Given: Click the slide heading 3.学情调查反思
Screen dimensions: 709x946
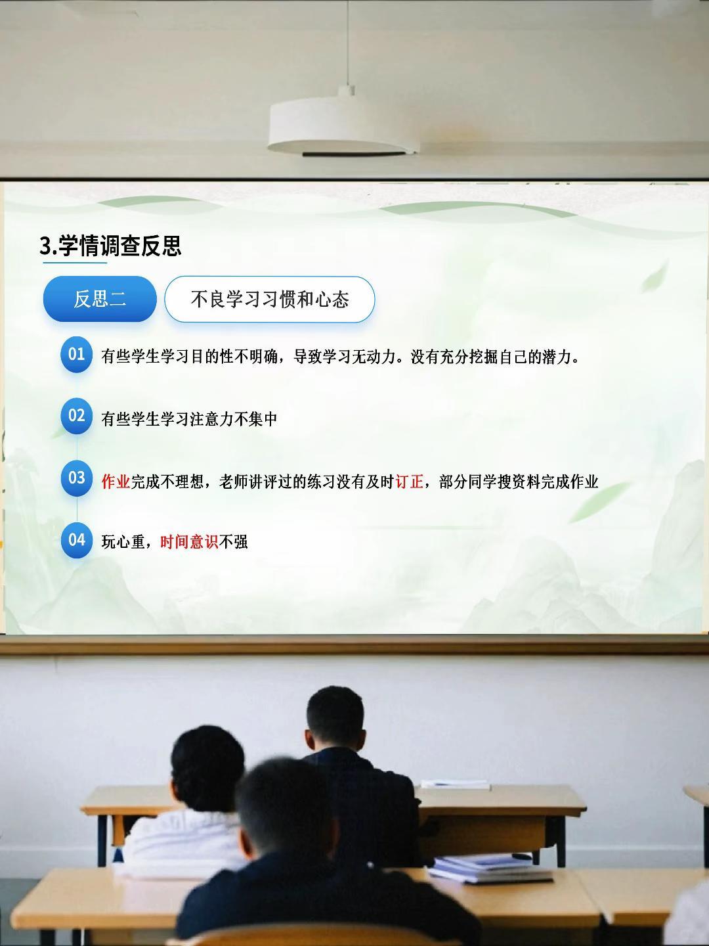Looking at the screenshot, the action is click(111, 245).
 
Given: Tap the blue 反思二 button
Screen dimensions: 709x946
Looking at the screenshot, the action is click(100, 299).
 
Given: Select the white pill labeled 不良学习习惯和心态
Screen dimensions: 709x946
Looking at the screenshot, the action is click(269, 299).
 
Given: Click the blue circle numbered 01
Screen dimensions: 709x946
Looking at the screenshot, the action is click(77, 354).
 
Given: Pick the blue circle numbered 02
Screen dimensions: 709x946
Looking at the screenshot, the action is click(77, 416).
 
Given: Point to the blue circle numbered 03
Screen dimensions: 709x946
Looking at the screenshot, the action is click(77, 478).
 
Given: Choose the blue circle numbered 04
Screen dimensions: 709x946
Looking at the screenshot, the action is click(77, 540).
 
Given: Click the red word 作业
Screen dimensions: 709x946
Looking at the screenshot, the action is click(116, 482).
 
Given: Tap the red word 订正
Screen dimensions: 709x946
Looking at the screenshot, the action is click(410, 482).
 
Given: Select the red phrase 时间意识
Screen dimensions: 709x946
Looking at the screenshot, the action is click(190, 542).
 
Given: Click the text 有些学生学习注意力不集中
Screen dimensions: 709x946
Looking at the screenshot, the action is click(190, 419).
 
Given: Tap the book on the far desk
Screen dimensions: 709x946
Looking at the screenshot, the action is click(456, 784).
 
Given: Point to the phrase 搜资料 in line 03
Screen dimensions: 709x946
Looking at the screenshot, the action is click(519, 482).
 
